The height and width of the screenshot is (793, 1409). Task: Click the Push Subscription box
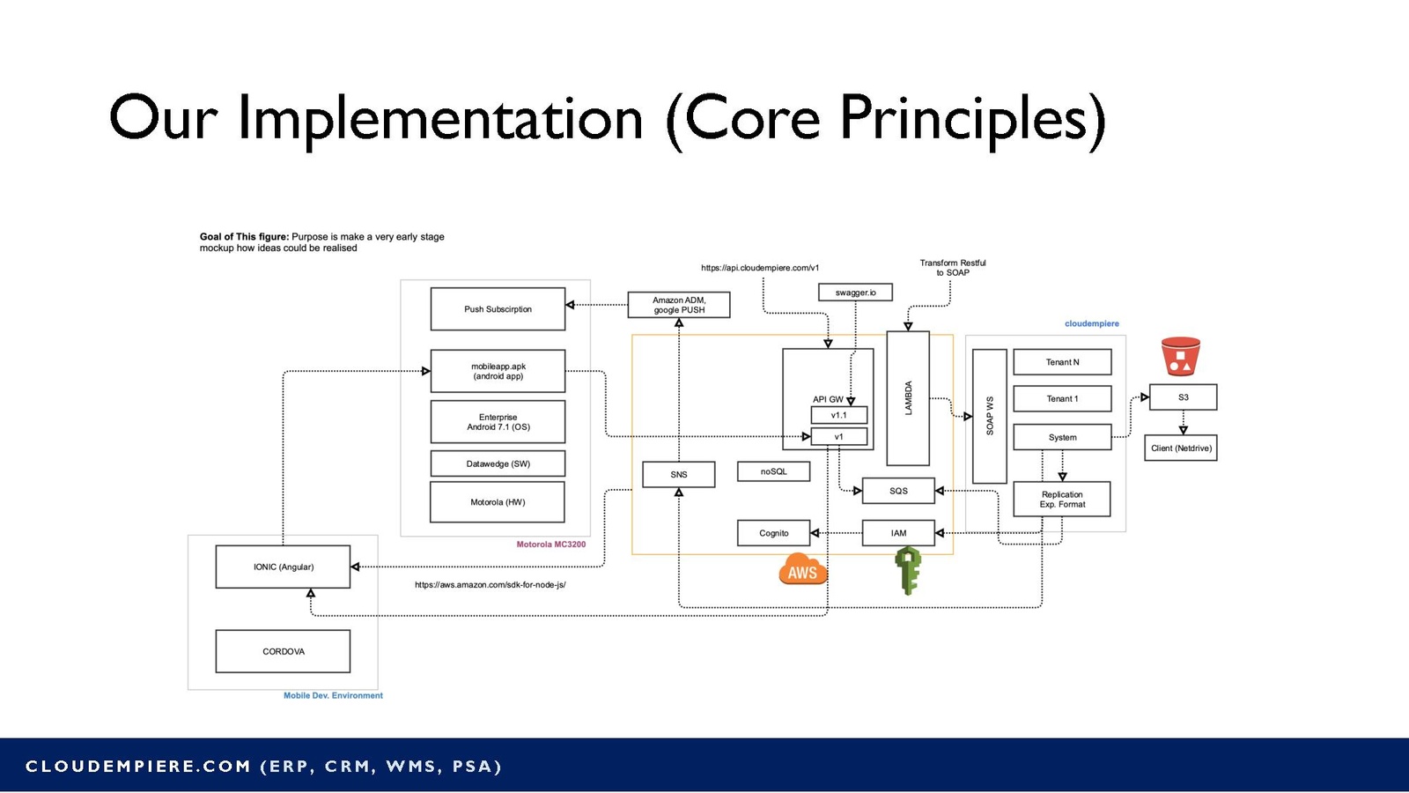[498, 309]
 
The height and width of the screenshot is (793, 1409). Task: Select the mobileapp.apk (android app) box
[498, 371]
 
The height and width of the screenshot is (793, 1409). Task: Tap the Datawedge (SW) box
[498, 463]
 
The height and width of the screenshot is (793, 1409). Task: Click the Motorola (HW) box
[498, 502]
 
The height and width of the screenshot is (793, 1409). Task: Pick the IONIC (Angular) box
[283, 567]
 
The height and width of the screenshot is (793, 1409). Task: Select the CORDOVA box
[283, 651]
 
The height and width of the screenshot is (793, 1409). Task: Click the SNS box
[678, 474]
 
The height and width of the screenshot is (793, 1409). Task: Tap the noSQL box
[773, 472]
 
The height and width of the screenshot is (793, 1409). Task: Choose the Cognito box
[773, 533]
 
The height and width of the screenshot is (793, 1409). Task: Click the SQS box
[898, 491]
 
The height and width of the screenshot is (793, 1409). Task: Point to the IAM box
[898, 533]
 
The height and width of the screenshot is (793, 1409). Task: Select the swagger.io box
[855, 293]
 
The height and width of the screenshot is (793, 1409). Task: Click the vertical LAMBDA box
[908, 398]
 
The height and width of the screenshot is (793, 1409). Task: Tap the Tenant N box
[1062, 362]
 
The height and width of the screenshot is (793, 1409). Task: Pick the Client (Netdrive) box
[1181, 448]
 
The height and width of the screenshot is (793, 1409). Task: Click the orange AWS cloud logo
[802, 570]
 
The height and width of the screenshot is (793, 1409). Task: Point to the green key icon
[908, 570]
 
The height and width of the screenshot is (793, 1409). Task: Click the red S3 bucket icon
[1180, 357]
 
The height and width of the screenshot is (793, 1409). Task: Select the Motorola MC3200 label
[550, 545]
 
